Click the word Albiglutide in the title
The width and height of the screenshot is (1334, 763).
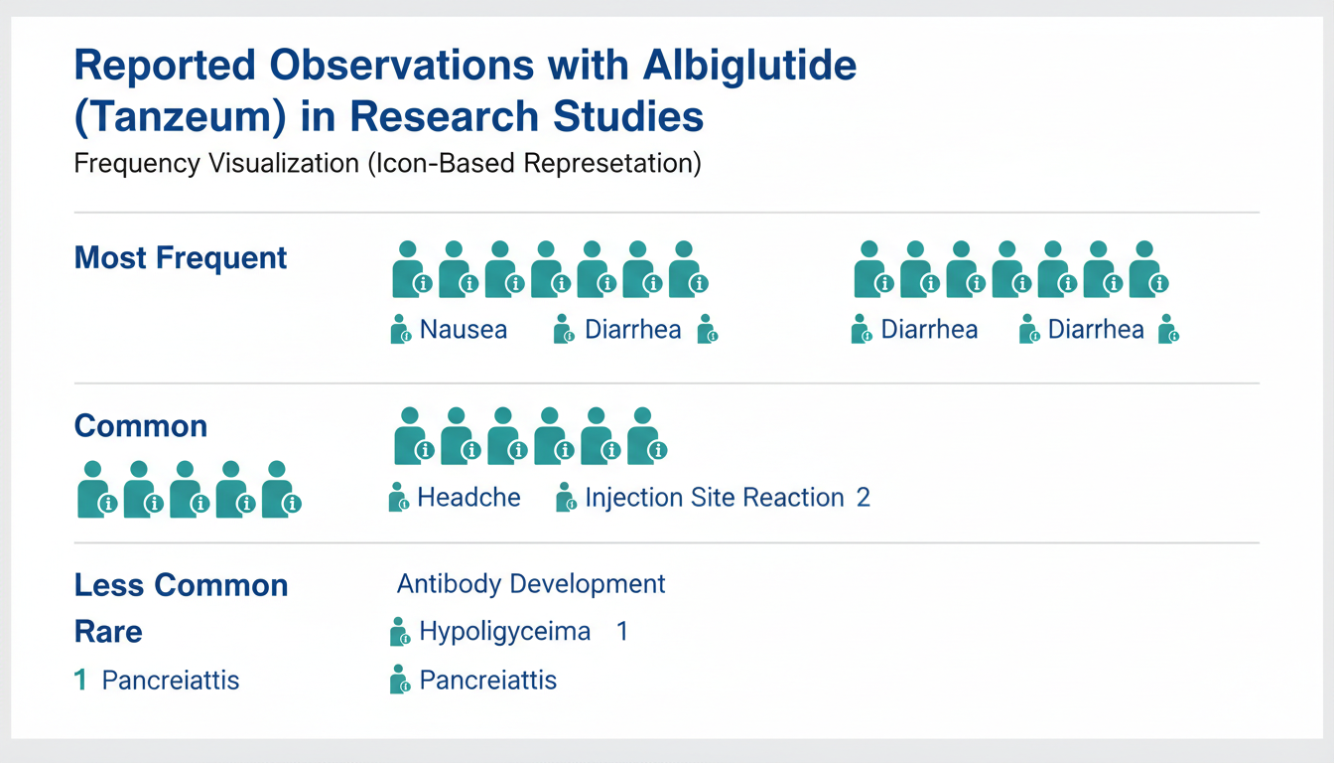click(749, 65)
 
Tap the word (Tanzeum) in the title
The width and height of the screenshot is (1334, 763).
click(180, 116)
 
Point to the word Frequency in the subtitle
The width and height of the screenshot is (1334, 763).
click(137, 164)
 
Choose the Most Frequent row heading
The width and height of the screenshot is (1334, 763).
click(181, 258)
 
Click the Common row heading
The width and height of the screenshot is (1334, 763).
click(141, 426)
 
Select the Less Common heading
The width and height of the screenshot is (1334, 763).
click(181, 585)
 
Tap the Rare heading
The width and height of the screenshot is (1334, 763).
click(108, 631)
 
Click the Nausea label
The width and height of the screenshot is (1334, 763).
click(464, 330)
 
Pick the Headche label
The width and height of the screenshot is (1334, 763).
click(468, 497)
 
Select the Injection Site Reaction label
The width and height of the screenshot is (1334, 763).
click(715, 498)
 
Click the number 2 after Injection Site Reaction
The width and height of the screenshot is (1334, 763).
click(864, 498)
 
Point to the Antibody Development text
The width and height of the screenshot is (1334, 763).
click(531, 584)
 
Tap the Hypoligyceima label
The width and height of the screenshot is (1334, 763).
click(505, 632)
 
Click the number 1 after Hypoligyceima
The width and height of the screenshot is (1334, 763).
click(622, 631)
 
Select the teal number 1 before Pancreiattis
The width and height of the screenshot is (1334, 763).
click(80, 681)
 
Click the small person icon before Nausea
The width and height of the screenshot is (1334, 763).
click(400, 330)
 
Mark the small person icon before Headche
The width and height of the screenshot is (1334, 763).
click(398, 497)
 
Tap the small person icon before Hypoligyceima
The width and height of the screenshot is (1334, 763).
click(400, 632)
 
